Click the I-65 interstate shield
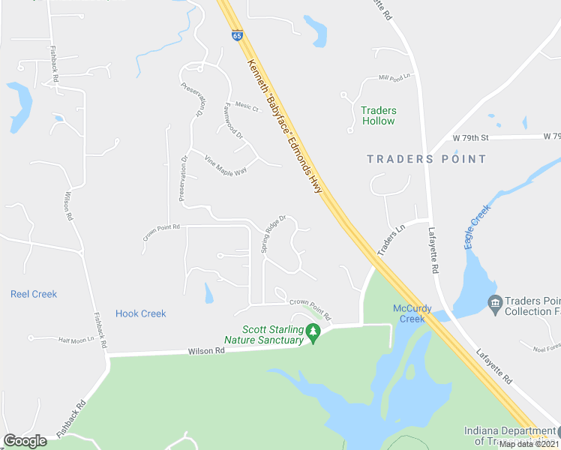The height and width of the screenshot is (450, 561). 236,35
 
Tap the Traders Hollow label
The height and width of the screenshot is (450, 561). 379,115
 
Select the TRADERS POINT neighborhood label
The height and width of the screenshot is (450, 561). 427,159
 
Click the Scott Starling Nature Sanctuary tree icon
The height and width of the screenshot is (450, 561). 314,334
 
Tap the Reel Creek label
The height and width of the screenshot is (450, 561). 34,294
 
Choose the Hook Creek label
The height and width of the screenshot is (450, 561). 141,313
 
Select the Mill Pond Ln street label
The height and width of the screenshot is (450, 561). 395,77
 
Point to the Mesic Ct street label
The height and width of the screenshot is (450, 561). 247,107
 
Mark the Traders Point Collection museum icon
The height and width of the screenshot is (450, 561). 494,304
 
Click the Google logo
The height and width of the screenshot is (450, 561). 25,441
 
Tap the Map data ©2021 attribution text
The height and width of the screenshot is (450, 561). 529,444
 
